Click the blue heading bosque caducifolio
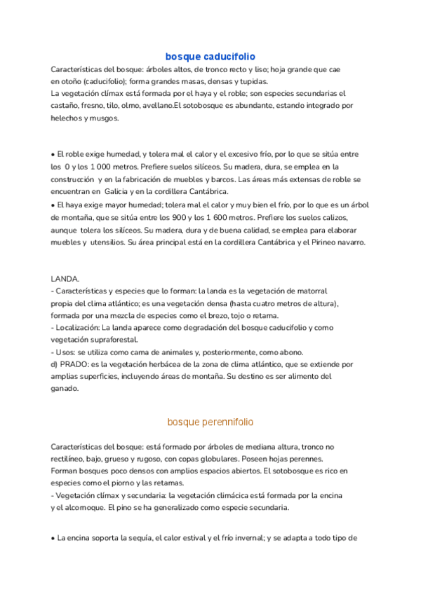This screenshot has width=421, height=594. pyautogui.click(x=210, y=56)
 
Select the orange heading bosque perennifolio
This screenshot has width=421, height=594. pyautogui.click(x=210, y=422)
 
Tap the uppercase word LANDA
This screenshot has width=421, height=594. pyautogui.click(x=65, y=278)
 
